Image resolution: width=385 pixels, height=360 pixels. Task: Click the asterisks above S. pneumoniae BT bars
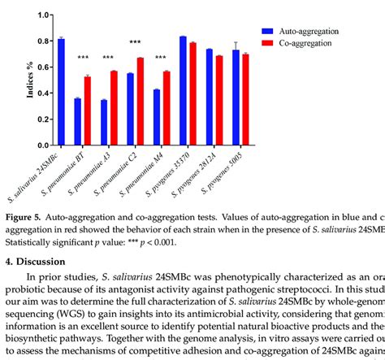[x=83, y=58]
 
